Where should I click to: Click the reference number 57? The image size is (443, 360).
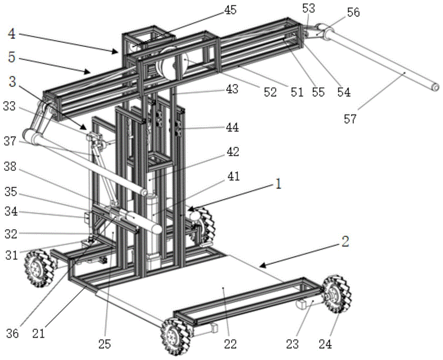click(x=350, y=120)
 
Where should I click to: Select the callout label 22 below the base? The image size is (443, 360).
click(x=231, y=344)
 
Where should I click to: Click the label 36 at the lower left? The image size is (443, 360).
click(x=12, y=333)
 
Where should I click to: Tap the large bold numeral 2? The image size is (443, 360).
click(x=346, y=242)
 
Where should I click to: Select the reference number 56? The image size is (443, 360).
click(x=353, y=13)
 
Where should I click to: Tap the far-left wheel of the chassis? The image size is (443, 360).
click(x=39, y=268)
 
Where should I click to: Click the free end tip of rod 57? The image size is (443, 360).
click(x=436, y=88)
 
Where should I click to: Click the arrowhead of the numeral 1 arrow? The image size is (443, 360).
click(x=188, y=209)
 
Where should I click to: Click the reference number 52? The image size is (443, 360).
click(x=269, y=92)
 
